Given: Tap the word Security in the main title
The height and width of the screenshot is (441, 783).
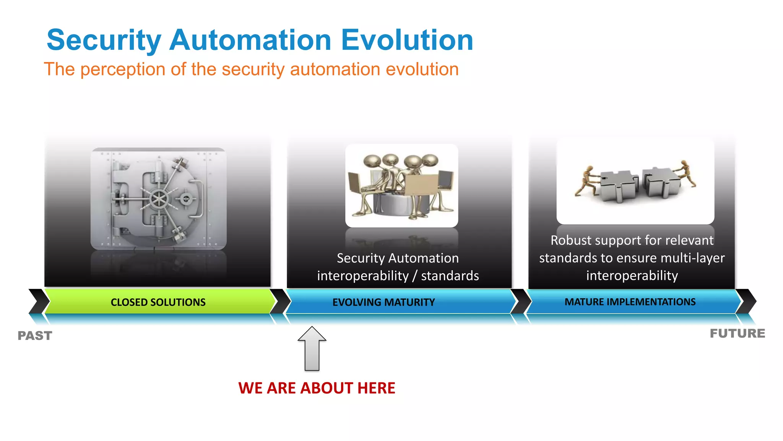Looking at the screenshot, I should (104, 41).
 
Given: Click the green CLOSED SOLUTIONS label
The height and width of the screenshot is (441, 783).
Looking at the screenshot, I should (158, 302).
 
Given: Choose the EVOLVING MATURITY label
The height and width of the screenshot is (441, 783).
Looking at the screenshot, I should (383, 302).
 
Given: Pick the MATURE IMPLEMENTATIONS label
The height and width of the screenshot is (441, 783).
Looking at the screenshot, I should (630, 302).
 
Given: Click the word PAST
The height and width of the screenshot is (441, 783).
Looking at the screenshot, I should (35, 335).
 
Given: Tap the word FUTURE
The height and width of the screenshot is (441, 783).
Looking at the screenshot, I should (737, 333).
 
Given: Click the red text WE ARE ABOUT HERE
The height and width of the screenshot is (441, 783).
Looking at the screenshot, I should (317, 388).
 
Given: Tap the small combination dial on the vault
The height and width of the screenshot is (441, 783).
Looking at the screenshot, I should (186, 199).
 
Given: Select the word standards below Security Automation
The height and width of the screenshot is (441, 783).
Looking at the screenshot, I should (450, 276).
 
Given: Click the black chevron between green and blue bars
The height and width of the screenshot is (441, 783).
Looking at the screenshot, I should (281, 301).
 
